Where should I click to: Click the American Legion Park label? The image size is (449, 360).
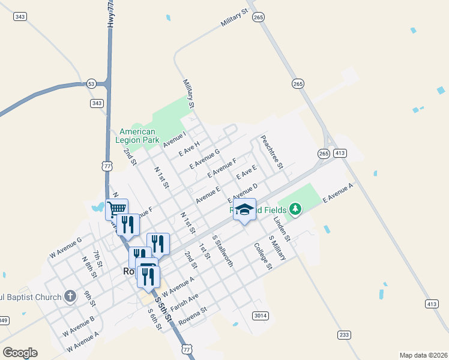pos(137,136)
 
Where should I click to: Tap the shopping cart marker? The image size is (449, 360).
pos(116,209)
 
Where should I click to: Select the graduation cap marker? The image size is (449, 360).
pos(244,209)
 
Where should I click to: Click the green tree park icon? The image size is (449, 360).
pos(294,209)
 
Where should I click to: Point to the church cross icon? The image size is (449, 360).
pos(70,296)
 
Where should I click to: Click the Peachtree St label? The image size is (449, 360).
pos(271,152)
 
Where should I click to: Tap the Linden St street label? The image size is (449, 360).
pos(282,230)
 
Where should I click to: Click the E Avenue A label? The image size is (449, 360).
pos(339,193)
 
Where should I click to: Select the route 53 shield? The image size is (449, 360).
pos(91,83)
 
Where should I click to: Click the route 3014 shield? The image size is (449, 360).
pos(260,316)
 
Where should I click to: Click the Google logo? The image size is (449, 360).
pos(20,353)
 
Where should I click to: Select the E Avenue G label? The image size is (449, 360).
pos(205,159)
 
